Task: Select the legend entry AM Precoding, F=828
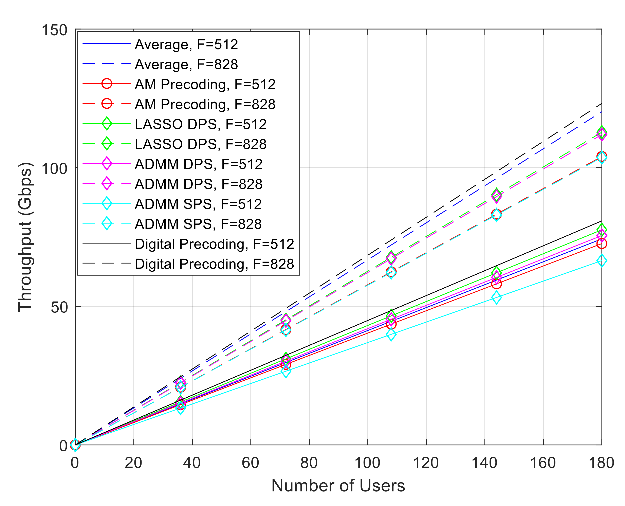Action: [x=205, y=104]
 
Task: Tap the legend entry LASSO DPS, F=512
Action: [x=200, y=124]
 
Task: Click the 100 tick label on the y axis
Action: [x=54, y=168]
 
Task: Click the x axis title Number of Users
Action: [x=338, y=486]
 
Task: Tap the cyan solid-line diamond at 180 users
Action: [x=601, y=260]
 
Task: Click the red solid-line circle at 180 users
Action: [x=601, y=244]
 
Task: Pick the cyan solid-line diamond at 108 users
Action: [x=391, y=335]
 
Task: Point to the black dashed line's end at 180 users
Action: [x=601, y=104]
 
